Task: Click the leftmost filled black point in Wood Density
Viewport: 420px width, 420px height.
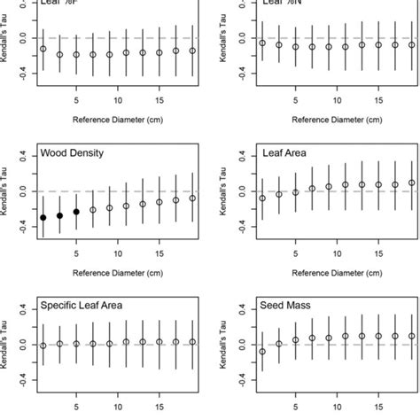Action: [x=43, y=218]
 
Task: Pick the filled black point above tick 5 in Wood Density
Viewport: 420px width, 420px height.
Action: [x=76, y=212]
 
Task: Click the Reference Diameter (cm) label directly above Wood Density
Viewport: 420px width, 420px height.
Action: [x=118, y=116]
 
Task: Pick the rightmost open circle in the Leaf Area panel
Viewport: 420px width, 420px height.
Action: [x=411, y=183]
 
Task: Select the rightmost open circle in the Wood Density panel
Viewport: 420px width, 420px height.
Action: [x=192, y=198]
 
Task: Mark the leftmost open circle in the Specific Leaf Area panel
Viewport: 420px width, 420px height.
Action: [x=43, y=346]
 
